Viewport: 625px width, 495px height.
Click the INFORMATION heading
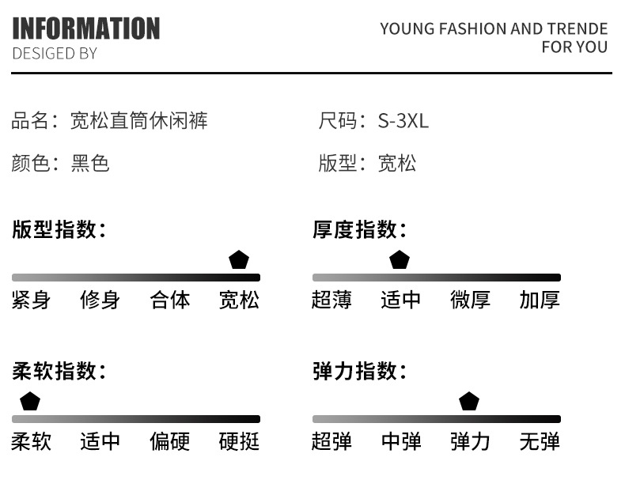pyautogui.click(x=86, y=28)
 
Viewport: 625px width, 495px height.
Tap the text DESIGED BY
pyautogui.click(x=55, y=54)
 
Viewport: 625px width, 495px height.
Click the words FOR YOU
pyautogui.click(x=574, y=47)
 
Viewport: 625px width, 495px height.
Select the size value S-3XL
pyautogui.click(x=403, y=120)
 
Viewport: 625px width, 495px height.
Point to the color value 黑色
pyautogui.click(x=90, y=163)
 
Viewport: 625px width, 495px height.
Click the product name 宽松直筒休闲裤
pyautogui.click(x=139, y=120)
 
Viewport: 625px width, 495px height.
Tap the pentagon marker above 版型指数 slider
pyautogui.click(x=239, y=259)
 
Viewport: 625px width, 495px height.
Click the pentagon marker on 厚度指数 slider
pyautogui.click(x=400, y=259)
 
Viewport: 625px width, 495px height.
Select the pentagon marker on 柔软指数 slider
pyautogui.click(x=30, y=401)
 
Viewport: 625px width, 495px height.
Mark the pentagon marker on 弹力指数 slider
pyautogui.click(x=469, y=401)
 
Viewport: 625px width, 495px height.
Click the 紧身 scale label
pyautogui.click(x=31, y=300)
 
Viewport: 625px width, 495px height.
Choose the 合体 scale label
pyautogui.click(x=170, y=300)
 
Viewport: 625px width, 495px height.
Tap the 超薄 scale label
pyautogui.click(x=331, y=300)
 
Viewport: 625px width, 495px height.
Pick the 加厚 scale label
pyautogui.click(x=540, y=300)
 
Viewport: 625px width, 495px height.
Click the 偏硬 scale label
pyautogui.click(x=170, y=441)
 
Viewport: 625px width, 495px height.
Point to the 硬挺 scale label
pyautogui.click(x=239, y=441)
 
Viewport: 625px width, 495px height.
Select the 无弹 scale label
pyautogui.click(x=540, y=441)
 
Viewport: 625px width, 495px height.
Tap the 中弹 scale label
pyautogui.click(x=401, y=441)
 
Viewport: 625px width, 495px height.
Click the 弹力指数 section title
pyautogui.click(x=359, y=371)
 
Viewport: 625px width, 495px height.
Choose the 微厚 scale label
pyautogui.click(x=471, y=300)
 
